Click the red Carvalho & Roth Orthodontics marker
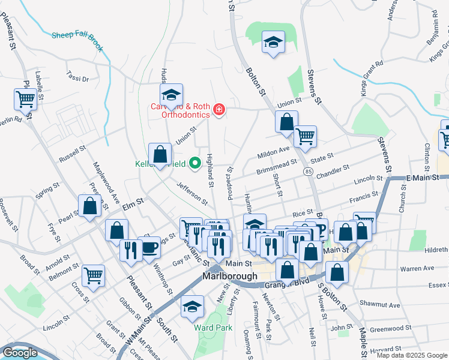(219, 109)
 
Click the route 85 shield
(308, 172)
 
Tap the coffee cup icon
(149, 247)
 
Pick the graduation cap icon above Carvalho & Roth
(171, 94)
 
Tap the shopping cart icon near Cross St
(93, 275)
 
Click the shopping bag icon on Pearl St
(89, 206)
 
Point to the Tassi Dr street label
(77, 78)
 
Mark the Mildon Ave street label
(273, 152)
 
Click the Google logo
(20, 353)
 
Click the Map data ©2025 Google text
(411, 355)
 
